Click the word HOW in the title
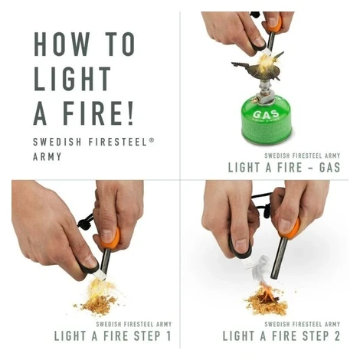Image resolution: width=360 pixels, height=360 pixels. [x=62, y=44]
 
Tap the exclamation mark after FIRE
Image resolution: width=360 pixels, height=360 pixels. [x=131, y=113]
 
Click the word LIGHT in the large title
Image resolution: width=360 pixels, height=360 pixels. [x=72, y=79]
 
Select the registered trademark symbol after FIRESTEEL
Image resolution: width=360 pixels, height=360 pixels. [x=152, y=139]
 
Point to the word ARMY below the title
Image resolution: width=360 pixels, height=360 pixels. [x=47, y=156]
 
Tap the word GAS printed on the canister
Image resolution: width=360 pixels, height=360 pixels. [x=266, y=114]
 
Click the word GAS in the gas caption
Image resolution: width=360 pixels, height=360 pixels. [x=329, y=168]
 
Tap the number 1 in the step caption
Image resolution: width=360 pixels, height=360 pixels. [x=169, y=335]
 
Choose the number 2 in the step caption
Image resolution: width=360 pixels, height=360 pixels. [x=337, y=335]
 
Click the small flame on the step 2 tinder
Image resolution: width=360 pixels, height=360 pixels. [x=267, y=293]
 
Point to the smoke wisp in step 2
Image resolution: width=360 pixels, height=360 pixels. [x=258, y=268]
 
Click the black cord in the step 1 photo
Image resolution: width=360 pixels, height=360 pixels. [x=85, y=221]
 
